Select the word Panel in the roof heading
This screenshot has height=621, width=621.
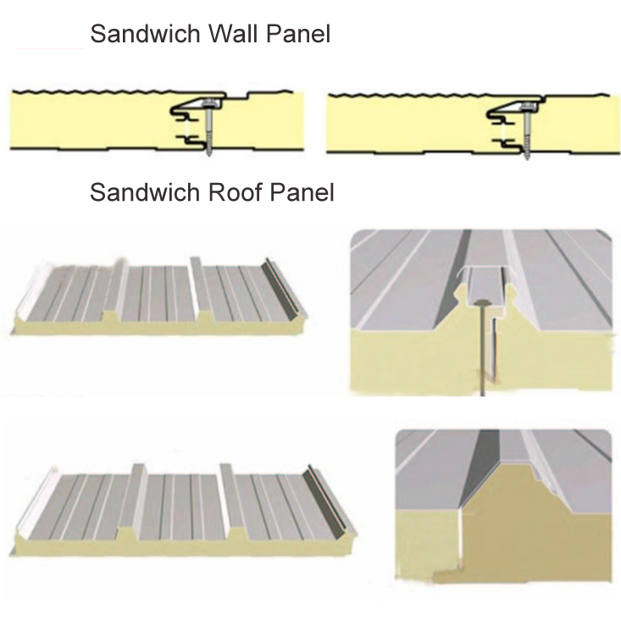click(x=302, y=192)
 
